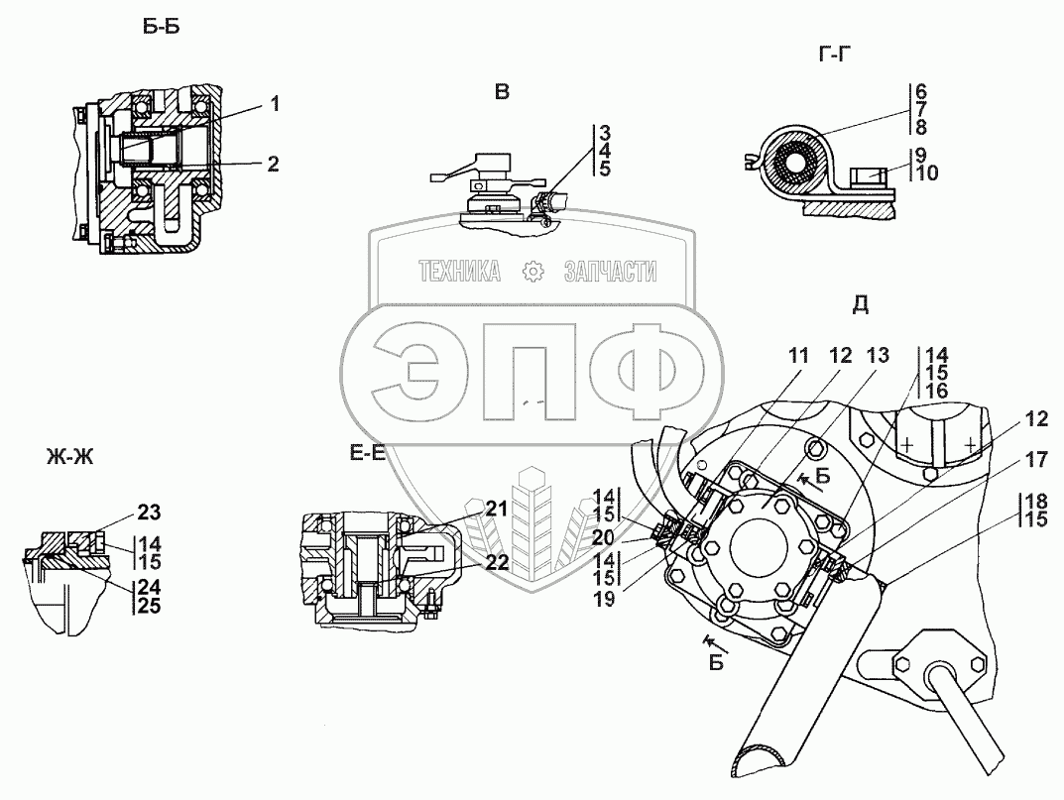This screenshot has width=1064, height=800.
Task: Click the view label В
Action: tap(503, 92)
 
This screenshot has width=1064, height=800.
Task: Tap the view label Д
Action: tap(861, 304)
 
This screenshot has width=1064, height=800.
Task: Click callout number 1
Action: tap(274, 103)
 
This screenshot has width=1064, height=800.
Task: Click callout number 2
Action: tap(273, 165)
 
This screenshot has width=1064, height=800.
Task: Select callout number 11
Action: tap(798, 355)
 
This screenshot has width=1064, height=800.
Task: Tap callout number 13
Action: tap(878, 355)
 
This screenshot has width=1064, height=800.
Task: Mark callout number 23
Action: tap(148, 512)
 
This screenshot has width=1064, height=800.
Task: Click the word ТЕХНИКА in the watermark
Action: tap(458, 271)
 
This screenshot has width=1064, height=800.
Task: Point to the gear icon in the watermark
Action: tap(533, 271)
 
